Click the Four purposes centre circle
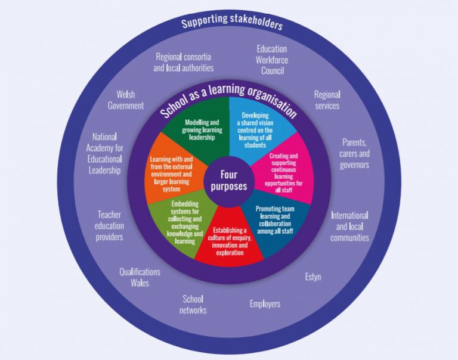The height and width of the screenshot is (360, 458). click(x=229, y=180)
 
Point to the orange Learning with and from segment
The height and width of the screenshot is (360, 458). click(x=174, y=173)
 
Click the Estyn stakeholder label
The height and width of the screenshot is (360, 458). click(x=313, y=277)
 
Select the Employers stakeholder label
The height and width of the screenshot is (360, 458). click(x=265, y=304)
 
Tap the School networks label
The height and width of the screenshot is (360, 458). click(x=193, y=305)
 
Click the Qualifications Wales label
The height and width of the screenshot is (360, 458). click(x=140, y=277)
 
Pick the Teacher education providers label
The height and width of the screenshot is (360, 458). click(x=110, y=225)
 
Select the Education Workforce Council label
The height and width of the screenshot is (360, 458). click(x=271, y=60)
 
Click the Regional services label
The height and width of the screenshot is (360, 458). click(x=327, y=100)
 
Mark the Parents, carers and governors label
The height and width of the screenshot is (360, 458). click(x=355, y=154)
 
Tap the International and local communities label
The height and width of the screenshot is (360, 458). click(x=349, y=226)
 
